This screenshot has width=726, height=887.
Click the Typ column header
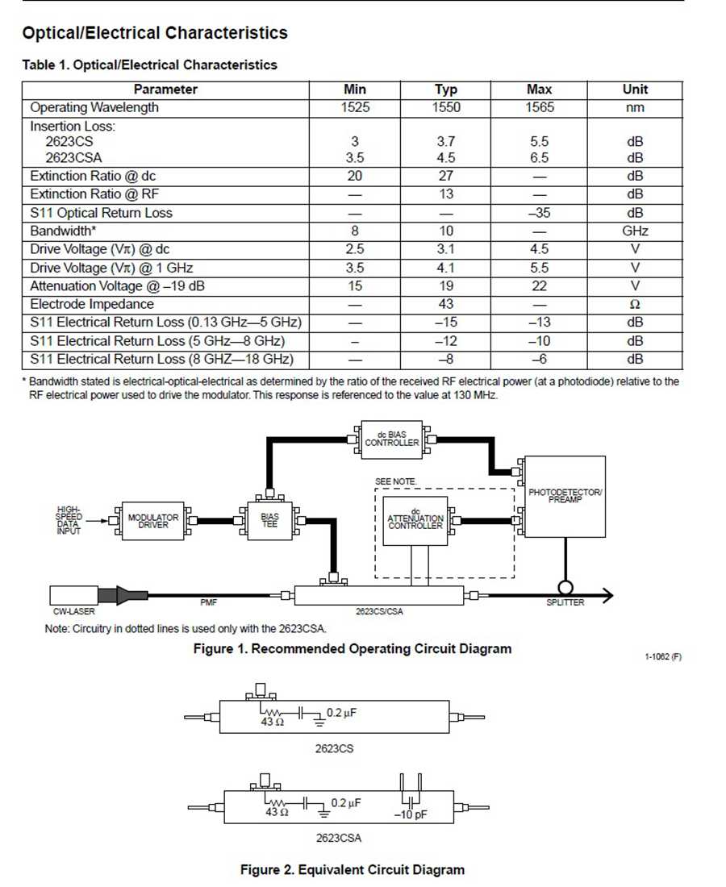tap(445, 90)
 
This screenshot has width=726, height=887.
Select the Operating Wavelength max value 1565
tap(539, 107)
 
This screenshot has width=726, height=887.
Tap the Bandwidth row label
tap(64, 231)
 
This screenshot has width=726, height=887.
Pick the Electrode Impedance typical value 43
tap(445, 304)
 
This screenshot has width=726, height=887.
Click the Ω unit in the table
tap(635, 304)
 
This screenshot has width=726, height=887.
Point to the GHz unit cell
tap(635, 231)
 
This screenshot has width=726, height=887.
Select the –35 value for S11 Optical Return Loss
tap(539, 213)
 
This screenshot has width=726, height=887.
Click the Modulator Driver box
tap(153, 521)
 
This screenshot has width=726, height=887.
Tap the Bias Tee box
tap(269, 521)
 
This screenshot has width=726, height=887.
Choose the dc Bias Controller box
tap(392, 439)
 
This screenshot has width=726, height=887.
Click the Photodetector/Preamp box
tap(565, 497)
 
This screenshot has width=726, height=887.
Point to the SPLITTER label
tap(565, 603)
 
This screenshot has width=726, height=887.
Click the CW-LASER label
tap(73, 612)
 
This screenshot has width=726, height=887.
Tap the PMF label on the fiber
tap(209, 602)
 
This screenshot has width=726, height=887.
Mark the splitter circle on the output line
tap(565, 585)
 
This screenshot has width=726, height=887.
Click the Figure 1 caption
tap(352, 648)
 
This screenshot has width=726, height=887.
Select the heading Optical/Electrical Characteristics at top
tap(155, 33)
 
